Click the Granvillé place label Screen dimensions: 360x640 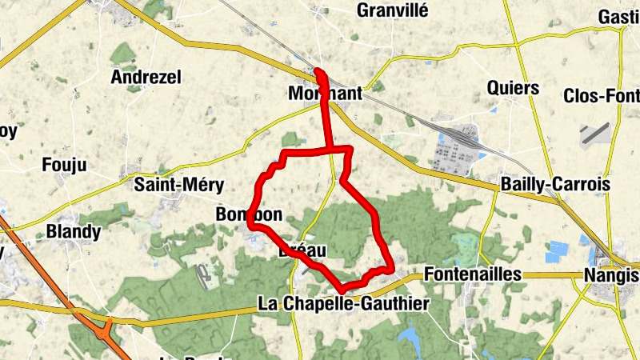pos(393,10)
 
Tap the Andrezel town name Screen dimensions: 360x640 pos(146,78)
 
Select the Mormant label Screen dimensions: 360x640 pos(325,94)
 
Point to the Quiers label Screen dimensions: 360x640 pos(513,88)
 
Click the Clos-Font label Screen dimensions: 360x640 pos(601,95)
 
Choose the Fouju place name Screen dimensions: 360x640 pos(63,166)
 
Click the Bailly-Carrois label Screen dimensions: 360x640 pos(555,185)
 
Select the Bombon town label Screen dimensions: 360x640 pos(248,214)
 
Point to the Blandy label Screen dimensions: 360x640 pos(74,232)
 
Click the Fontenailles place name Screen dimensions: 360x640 pos(474,274)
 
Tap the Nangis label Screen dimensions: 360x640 pos(611,275)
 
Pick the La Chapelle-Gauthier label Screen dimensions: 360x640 pos(344,304)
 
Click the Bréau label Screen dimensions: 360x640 pos(302,251)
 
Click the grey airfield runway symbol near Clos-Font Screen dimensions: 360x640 pos(596,132)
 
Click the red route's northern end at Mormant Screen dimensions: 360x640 pos(320,73)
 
